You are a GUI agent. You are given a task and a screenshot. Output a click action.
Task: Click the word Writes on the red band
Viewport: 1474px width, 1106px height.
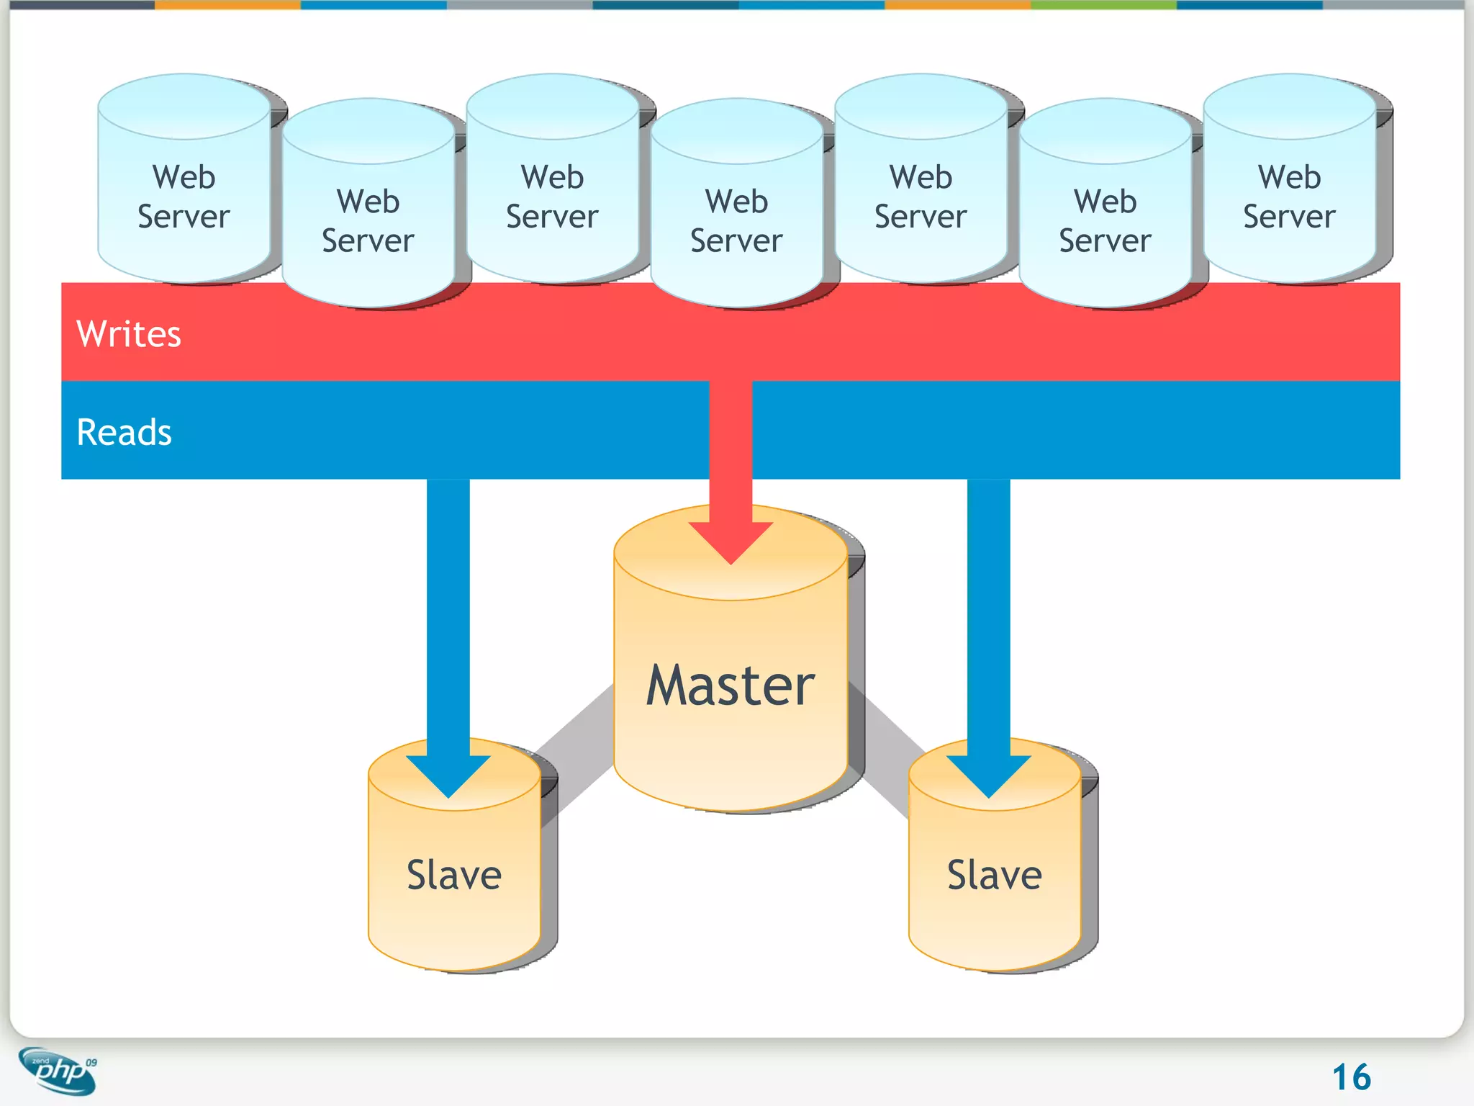(x=129, y=334)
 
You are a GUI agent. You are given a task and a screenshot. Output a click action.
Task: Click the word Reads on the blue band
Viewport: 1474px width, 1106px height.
(x=125, y=433)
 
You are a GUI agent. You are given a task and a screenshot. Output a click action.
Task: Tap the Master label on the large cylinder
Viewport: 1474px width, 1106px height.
(x=730, y=685)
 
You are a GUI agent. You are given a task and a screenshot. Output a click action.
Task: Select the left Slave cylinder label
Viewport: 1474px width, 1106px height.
(x=454, y=876)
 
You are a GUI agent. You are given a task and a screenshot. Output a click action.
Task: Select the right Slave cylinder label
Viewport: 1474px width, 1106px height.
(x=994, y=876)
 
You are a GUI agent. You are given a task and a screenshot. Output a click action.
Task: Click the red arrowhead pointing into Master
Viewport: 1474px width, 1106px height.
(x=731, y=540)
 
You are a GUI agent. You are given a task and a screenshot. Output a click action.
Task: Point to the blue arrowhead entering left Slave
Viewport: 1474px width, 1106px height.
(x=448, y=774)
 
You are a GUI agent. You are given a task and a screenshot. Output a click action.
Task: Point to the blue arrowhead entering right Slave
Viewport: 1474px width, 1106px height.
(x=988, y=774)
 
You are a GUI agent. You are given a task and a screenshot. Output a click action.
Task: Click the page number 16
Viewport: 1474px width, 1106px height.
(x=1351, y=1077)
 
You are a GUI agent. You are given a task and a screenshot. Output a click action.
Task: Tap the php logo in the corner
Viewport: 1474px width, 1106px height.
(x=58, y=1071)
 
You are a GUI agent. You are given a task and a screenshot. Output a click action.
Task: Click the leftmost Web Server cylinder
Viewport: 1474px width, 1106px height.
(x=184, y=197)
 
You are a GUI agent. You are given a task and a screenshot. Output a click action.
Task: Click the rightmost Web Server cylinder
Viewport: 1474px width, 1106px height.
(x=1289, y=197)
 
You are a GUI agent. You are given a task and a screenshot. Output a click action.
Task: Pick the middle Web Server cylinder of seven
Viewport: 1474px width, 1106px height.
(x=736, y=221)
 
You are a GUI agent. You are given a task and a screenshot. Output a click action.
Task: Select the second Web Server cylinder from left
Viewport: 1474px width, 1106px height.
(x=368, y=221)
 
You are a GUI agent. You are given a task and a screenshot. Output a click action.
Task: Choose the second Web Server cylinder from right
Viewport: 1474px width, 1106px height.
(x=1105, y=221)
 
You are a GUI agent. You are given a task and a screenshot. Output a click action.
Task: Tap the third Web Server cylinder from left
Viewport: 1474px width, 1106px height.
(x=552, y=197)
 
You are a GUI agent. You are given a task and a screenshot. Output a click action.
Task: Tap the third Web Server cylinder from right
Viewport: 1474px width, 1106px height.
(x=921, y=197)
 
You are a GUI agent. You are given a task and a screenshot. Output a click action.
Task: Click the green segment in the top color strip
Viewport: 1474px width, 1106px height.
(x=1103, y=4)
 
